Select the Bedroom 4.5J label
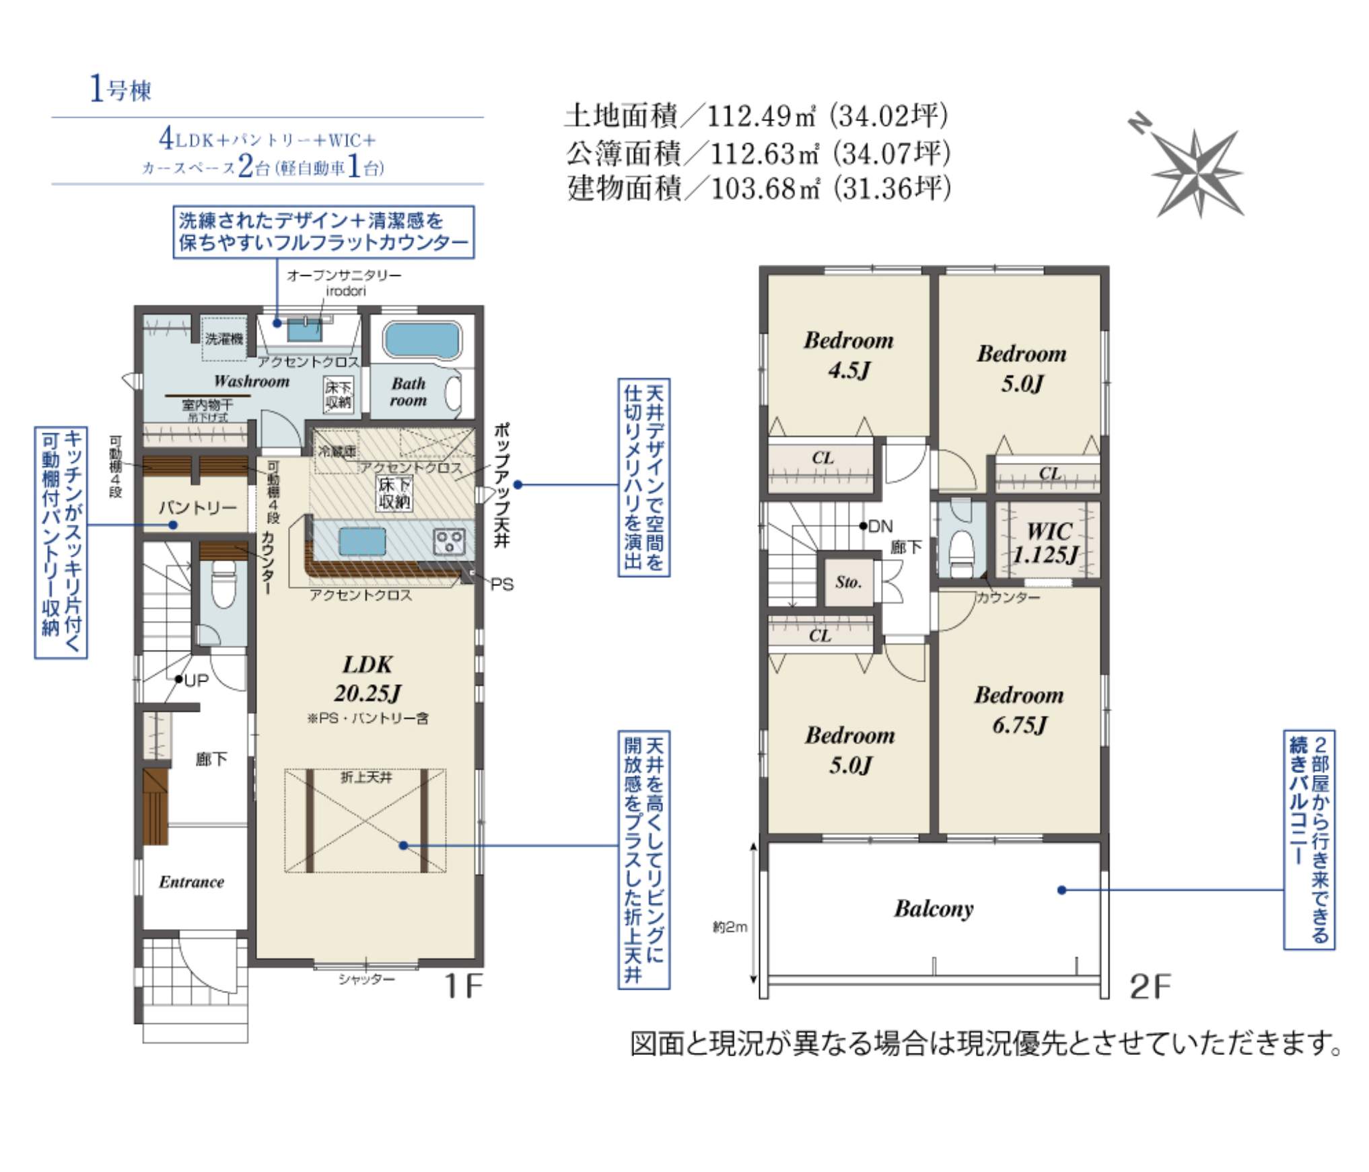(849, 355)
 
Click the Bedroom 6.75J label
(1019, 709)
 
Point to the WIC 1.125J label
(1046, 543)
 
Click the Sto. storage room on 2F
(848, 582)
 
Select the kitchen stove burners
(449, 541)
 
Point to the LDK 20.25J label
(367, 679)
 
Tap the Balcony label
(934, 909)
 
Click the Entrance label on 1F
(191, 882)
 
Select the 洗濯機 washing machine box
(224, 338)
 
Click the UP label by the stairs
(196, 681)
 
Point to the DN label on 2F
(880, 526)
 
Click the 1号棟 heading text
(121, 89)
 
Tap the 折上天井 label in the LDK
(365, 778)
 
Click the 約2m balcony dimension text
(730, 928)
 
